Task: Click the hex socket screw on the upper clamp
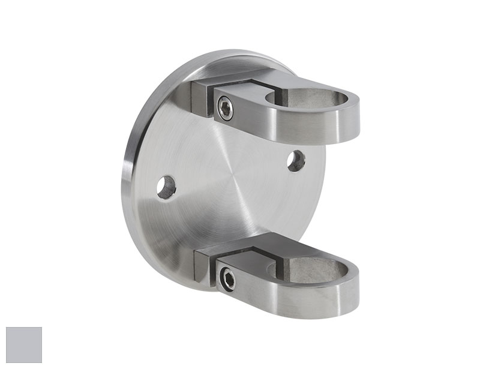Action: [x=226, y=110]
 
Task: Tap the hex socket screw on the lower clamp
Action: [x=227, y=277]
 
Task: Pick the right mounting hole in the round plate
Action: [x=296, y=160]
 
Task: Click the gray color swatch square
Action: [x=24, y=344]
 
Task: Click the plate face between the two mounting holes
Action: [x=231, y=174]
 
